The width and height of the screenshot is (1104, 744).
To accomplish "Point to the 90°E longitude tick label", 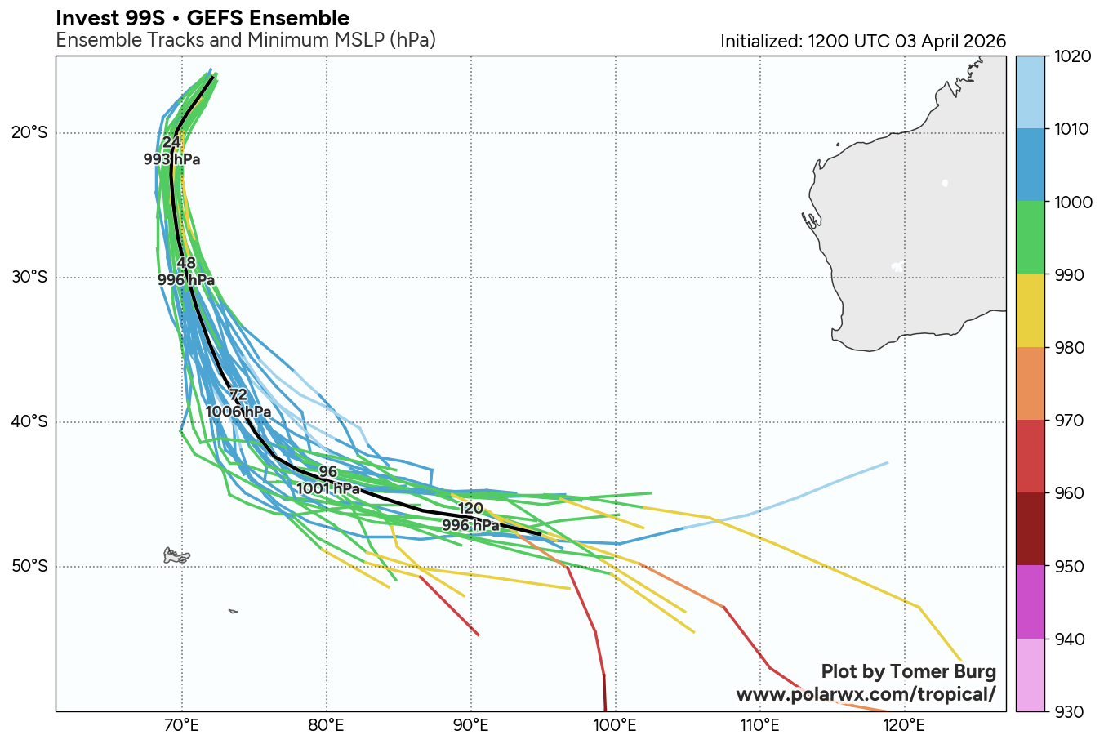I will coord(471,724).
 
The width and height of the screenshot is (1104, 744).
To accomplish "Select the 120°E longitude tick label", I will coord(905,724).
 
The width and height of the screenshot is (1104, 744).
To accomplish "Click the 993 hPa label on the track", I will coord(171,160).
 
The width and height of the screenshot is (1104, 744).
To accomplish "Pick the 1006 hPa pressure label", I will coord(238,412).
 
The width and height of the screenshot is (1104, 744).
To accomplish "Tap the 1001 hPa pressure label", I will coord(327,488).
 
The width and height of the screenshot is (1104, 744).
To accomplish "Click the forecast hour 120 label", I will coord(470,509).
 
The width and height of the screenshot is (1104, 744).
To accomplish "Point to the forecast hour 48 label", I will coord(186,263).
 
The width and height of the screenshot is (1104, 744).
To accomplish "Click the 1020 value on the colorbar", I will coord(1066,56).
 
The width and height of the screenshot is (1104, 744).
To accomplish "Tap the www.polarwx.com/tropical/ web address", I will coord(866,694).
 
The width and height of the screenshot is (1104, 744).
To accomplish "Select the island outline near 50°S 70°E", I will coord(176,556).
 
